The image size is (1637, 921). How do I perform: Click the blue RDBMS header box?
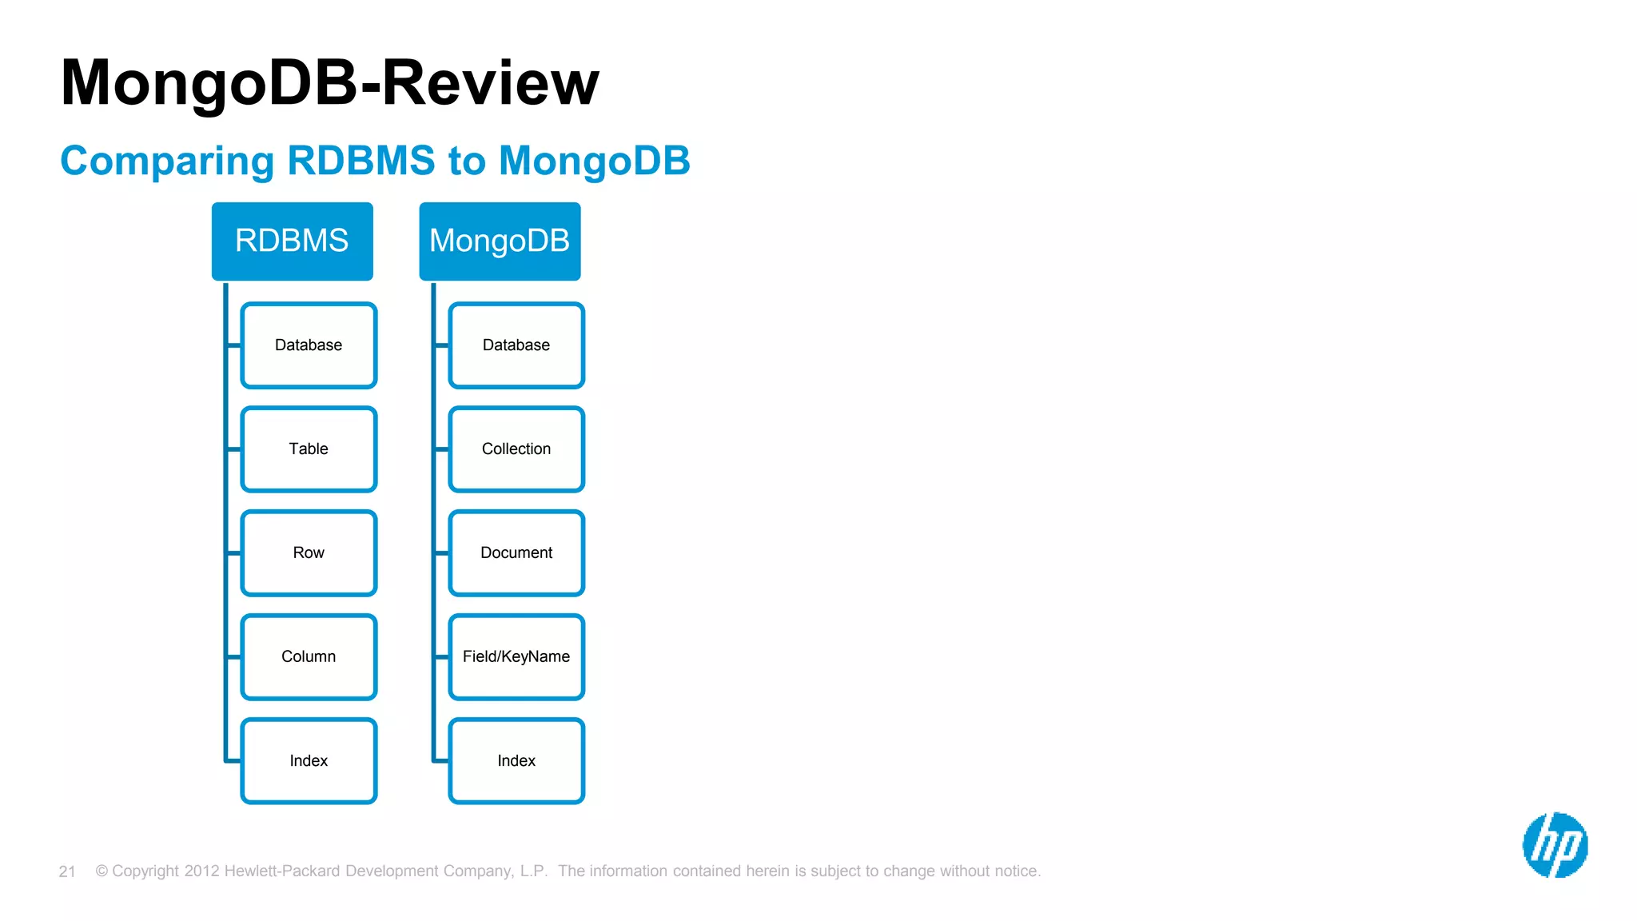(x=292, y=241)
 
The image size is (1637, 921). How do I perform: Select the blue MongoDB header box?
(x=500, y=241)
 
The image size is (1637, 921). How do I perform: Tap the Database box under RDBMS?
(x=309, y=345)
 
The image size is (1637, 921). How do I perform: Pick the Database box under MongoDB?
(x=516, y=345)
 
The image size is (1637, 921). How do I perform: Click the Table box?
(x=309, y=449)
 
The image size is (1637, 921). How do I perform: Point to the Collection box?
(x=516, y=449)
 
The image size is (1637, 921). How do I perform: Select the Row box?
(x=309, y=553)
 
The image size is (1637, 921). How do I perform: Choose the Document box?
(x=516, y=553)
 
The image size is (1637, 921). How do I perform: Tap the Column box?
(x=309, y=657)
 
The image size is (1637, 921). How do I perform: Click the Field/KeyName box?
(x=516, y=657)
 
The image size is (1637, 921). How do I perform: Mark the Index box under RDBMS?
(x=309, y=761)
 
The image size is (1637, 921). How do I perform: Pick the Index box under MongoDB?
(x=516, y=761)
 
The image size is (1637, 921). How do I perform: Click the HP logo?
(x=1555, y=845)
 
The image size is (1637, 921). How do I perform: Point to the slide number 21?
(x=67, y=871)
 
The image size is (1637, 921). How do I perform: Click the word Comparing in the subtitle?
(x=167, y=161)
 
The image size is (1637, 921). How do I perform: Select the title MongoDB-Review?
(x=329, y=82)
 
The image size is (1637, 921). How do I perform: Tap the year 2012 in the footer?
(x=201, y=871)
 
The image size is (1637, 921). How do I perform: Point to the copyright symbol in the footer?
(x=102, y=871)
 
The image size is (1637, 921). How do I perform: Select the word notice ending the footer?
(x=1015, y=871)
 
